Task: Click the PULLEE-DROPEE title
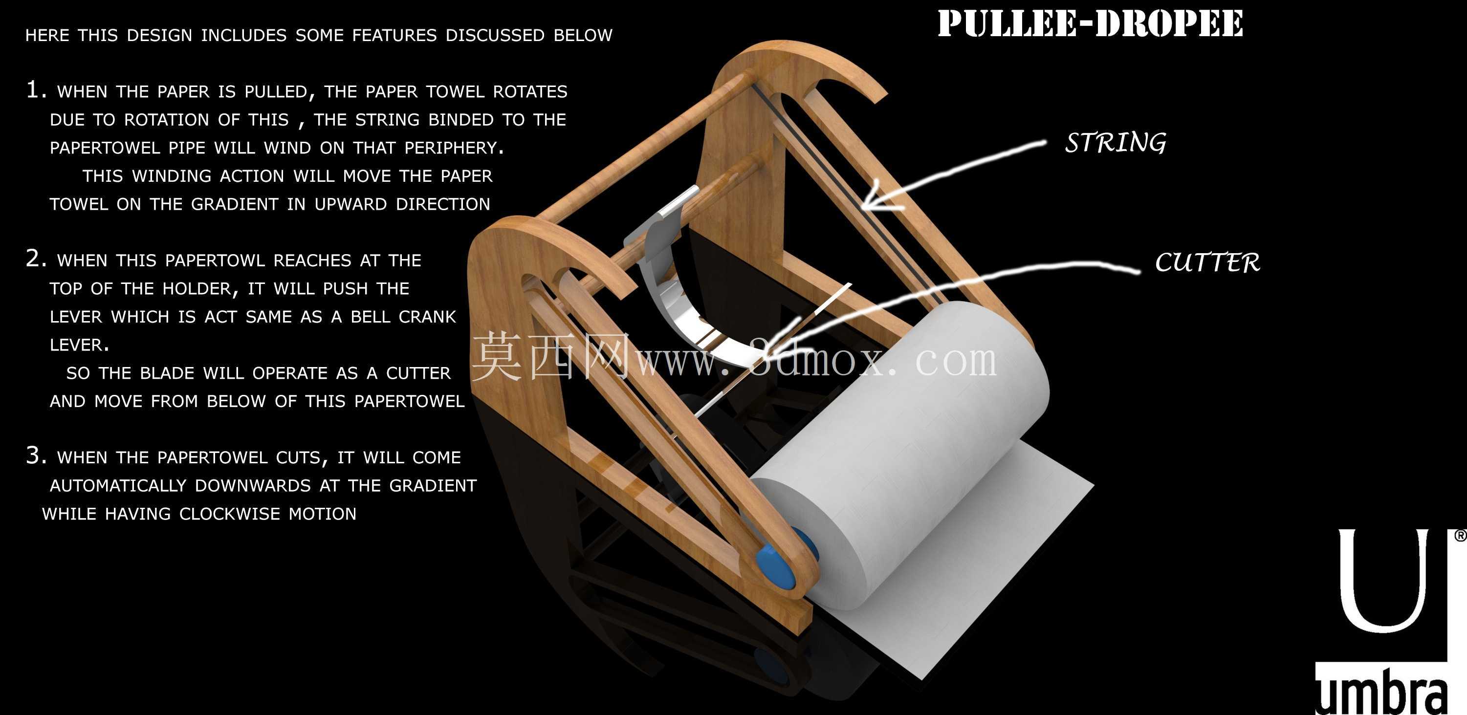coord(1090,23)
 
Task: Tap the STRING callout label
coord(1116,142)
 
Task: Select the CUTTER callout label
coord(1207,262)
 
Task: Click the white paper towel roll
coord(900,455)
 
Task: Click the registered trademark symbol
coord(1460,536)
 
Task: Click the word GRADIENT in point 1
coord(234,204)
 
